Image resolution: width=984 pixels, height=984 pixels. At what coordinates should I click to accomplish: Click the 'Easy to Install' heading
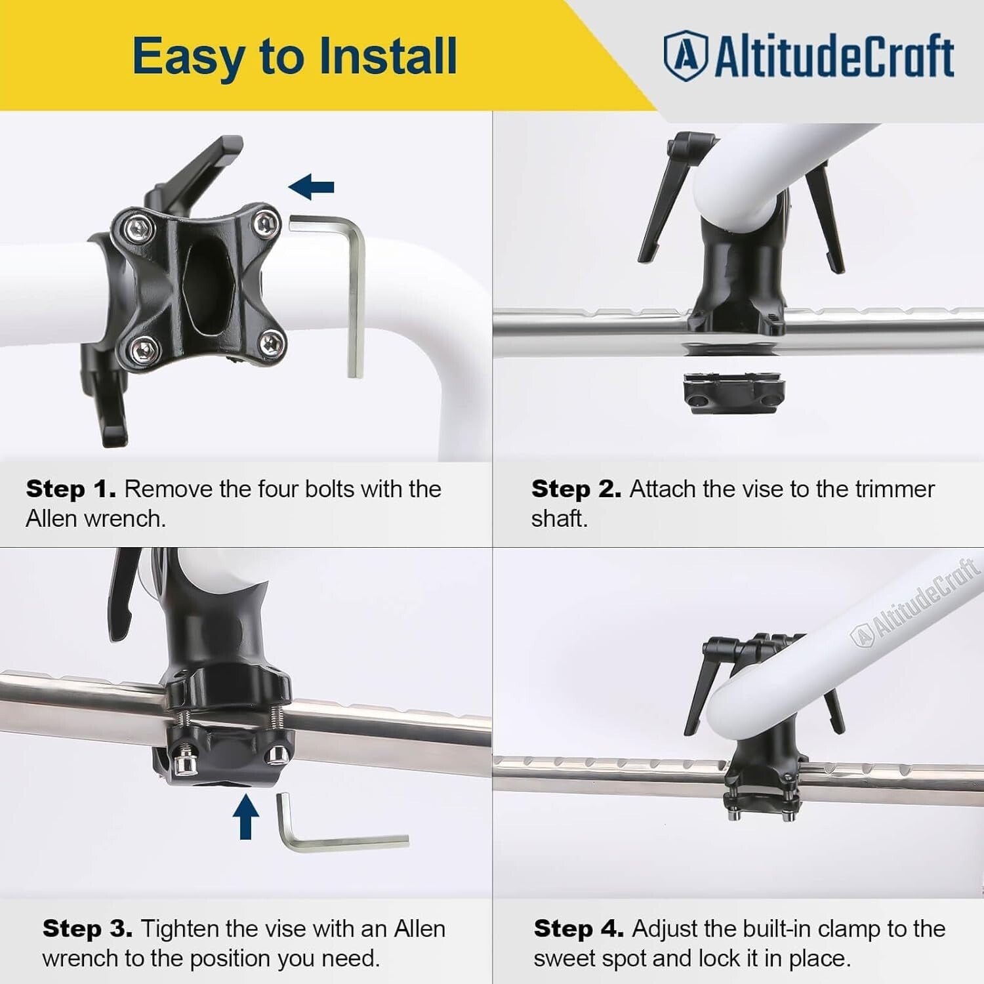tap(295, 56)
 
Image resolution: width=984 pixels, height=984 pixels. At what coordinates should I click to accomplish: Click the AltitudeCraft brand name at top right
tap(833, 56)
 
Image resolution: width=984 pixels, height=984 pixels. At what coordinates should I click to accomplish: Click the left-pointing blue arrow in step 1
tap(312, 188)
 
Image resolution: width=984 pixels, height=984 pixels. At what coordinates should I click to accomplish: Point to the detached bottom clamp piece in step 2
tap(733, 392)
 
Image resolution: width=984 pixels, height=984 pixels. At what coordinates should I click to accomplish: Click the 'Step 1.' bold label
tap(71, 489)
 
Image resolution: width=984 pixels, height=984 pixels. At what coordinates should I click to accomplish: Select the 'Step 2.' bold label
tap(576, 489)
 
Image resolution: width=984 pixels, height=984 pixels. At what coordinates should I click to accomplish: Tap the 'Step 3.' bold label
tap(87, 929)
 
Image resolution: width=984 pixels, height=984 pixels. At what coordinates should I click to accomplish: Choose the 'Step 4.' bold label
tap(579, 929)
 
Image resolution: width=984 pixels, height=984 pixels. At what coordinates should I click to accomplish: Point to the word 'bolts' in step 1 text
tap(330, 489)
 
